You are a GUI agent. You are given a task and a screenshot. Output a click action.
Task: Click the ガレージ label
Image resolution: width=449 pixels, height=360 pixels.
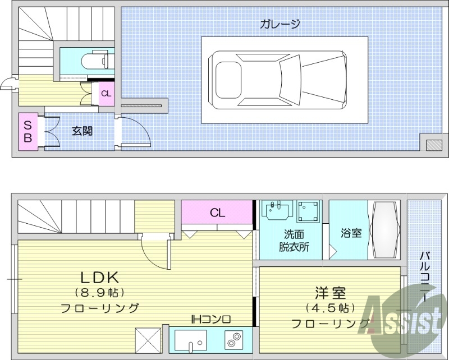pyautogui.click(x=280, y=24)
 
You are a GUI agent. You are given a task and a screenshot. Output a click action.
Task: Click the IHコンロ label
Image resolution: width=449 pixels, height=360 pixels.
pyautogui.click(x=211, y=320)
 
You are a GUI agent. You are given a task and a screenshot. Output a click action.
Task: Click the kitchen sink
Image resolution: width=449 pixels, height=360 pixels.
pyautogui.click(x=189, y=340)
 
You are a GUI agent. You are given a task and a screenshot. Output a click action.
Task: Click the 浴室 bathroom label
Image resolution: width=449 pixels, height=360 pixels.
pyautogui.click(x=351, y=233)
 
